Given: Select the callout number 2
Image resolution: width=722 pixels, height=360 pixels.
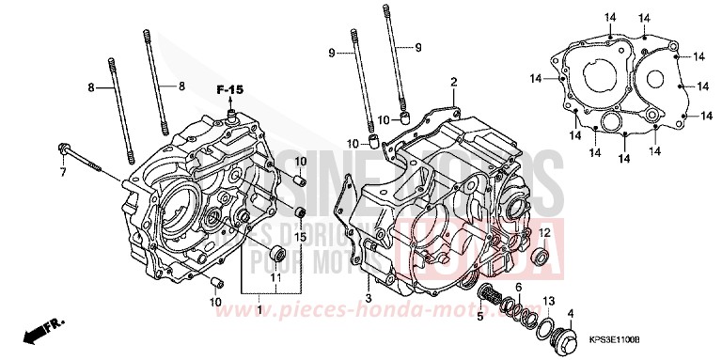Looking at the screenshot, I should tap(453, 83).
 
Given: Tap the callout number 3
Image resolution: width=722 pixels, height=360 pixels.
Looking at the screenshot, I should tap(369, 299).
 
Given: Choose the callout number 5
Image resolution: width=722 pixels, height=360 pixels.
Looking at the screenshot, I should tap(480, 316).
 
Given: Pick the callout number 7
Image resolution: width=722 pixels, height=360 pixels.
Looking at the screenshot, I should tap(64, 173).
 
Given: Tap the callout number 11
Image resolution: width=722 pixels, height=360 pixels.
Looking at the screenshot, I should tap(275, 279).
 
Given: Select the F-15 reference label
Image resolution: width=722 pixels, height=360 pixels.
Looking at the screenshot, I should tap(230, 89).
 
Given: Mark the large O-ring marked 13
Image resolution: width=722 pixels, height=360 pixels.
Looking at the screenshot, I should tap(543, 326).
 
